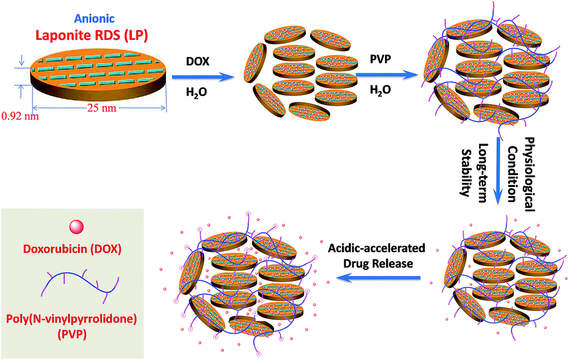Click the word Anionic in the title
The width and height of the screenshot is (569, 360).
94,18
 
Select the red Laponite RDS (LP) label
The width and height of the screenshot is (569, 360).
92,35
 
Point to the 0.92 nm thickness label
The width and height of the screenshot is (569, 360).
20,116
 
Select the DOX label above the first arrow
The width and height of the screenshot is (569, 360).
198,61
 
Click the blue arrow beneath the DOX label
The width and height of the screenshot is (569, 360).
202,76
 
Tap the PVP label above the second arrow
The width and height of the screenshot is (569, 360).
381,59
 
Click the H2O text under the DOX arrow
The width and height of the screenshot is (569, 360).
197,92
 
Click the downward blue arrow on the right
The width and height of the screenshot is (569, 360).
498,171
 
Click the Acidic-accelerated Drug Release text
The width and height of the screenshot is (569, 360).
377,256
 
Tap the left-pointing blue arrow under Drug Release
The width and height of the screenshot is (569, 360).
379,278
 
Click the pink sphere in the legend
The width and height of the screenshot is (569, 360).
77,227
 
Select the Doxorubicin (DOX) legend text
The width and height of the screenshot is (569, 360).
72,249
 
